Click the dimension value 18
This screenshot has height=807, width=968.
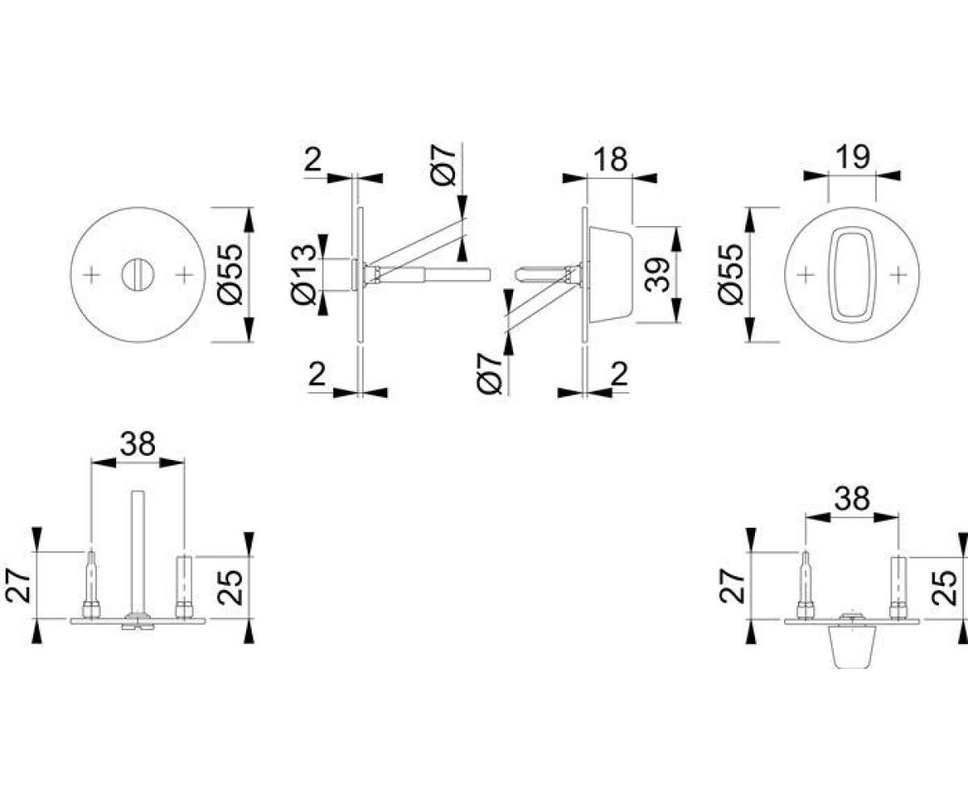[x=610, y=159]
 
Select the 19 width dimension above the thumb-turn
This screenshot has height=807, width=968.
[x=853, y=157]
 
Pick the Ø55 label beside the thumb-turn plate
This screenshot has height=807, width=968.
[x=731, y=274]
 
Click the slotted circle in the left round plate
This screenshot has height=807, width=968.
[x=137, y=274]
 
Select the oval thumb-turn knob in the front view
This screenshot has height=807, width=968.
[x=852, y=274]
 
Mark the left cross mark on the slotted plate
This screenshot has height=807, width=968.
[x=91, y=274]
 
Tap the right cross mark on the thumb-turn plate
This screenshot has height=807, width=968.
[x=899, y=274]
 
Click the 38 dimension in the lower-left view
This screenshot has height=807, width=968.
[x=137, y=444]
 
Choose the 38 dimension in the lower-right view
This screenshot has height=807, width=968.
[x=851, y=500]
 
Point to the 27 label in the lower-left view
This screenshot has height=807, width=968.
[x=19, y=586]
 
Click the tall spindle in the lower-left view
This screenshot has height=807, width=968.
[x=137, y=552]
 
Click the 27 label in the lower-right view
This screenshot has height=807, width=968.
[x=732, y=586]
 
